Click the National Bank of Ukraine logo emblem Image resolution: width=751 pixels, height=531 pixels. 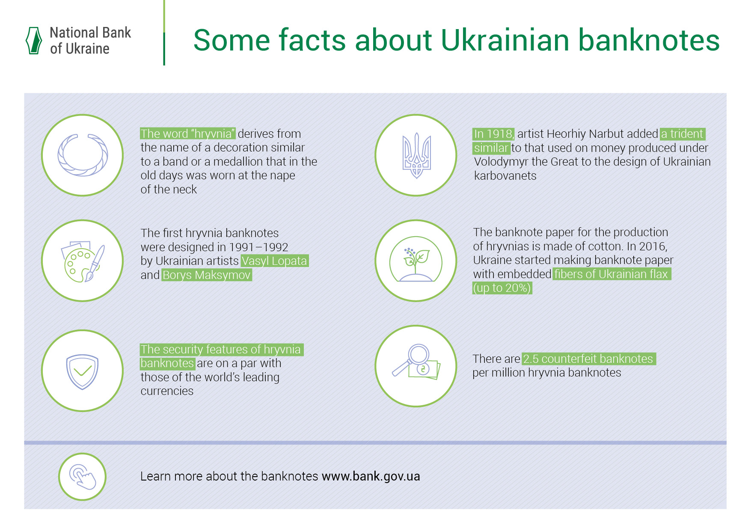tap(34, 41)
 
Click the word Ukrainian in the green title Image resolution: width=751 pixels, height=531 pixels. tap(505, 40)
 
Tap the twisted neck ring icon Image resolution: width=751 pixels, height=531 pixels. tap(83, 155)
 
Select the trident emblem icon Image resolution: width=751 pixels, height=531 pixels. tap(416, 155)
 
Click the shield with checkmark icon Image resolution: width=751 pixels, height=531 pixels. tap(82, 371)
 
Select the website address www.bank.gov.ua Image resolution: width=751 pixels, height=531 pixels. tap(371, 476)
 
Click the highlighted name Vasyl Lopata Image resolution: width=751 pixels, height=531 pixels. tap(274, 261)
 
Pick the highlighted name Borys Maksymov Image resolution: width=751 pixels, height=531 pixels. tap(207, 275)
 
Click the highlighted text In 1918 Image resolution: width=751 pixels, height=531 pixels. tap(493, 134)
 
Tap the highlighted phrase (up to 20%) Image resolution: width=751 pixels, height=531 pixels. tap(502, 288)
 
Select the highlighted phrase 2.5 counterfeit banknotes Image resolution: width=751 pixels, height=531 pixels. tap(589, 359)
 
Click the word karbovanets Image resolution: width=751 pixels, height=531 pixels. tap(505, 176)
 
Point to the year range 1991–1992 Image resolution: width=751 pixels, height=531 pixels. tap(258, 247)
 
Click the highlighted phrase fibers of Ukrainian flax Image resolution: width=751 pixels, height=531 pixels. tap(612, 274)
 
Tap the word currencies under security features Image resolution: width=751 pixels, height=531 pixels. tap(167, 391)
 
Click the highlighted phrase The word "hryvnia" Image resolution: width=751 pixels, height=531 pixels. tap(188, 133)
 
